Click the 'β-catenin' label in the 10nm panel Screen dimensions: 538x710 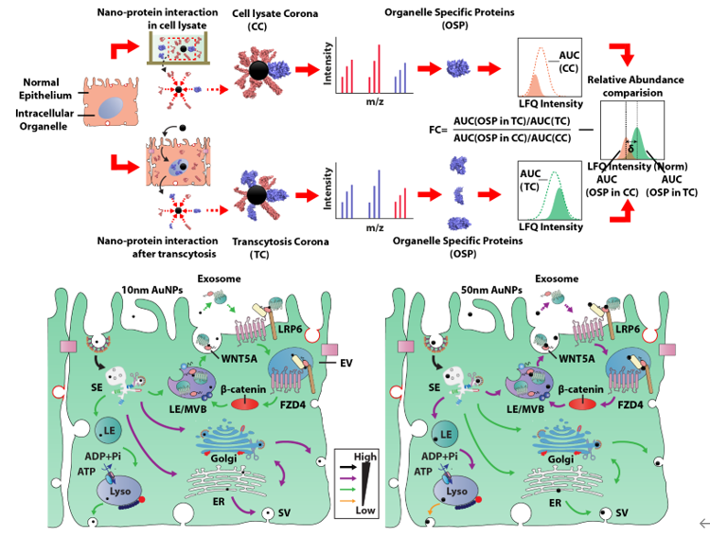[245, 389]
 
